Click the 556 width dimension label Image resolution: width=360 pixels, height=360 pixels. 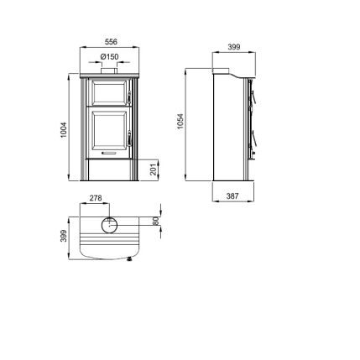[x=111, y=42]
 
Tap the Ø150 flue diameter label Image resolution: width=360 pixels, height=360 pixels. [x=109, y=57]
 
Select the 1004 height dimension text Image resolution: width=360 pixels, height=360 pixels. [x=64, y=129]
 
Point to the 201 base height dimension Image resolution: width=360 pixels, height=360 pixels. [x=154, y=170]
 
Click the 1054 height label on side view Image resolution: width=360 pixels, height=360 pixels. [x=180, y=121]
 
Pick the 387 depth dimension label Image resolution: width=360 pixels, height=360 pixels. [x=232, y=196]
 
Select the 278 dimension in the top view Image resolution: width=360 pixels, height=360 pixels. [x=96, y=198]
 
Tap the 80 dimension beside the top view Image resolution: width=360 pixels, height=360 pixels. [x=156, y=221]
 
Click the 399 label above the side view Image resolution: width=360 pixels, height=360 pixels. [x=234, y=47]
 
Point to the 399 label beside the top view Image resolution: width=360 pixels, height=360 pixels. [x=64, y=236]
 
